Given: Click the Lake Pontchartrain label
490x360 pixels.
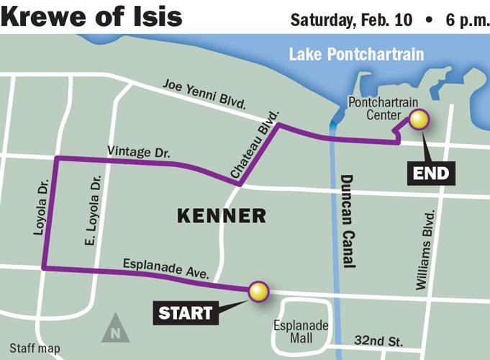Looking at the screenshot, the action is click(356, 55).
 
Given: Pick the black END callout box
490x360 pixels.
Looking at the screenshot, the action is click(432, 173).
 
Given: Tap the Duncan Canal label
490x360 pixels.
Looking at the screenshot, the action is click(348, 221).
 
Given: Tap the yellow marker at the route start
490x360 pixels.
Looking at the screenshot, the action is click(258, 292).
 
